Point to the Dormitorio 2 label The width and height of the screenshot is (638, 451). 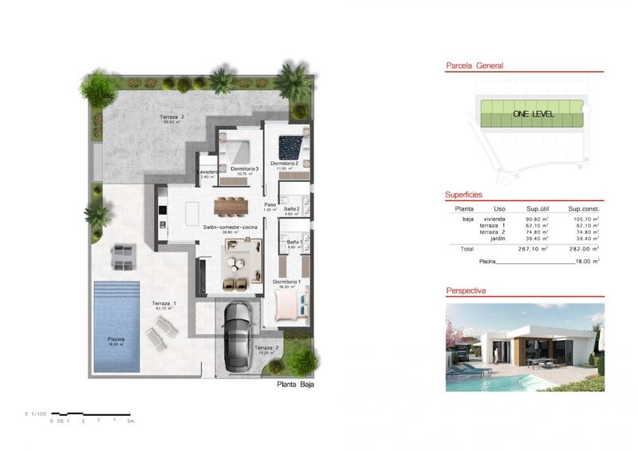[285, 163]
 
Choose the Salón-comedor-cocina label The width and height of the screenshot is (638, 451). [229, 227]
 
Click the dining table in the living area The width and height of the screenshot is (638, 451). [231, 205]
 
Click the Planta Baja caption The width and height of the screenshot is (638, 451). [295, 385]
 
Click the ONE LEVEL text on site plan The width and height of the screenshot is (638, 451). [533, 114]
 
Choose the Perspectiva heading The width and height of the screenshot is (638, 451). [467, 291]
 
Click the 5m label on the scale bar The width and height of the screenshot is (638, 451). [131, 420]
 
